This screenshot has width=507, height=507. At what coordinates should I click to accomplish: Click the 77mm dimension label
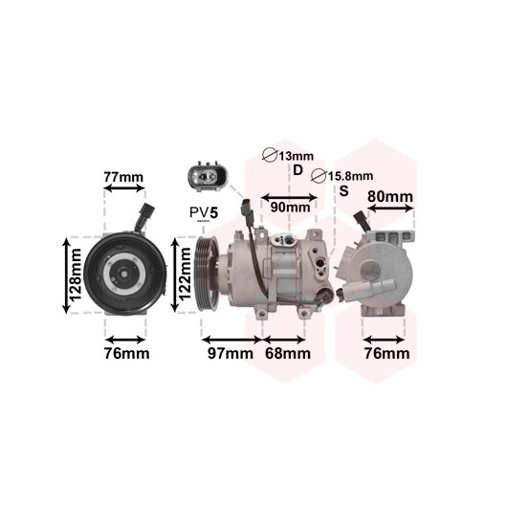coord(123,177)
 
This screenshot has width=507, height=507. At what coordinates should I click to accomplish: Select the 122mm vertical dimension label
coord(185,275)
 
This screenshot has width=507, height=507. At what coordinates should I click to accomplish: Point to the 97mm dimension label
coord(231,353)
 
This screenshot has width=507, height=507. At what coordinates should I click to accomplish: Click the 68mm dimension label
coord(288,353)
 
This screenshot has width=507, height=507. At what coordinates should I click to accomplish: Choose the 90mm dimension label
coord(290,208)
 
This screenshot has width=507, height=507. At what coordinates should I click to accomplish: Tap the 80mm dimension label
coord(390,197)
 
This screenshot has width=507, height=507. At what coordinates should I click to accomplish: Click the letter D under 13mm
coord(298,170)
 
